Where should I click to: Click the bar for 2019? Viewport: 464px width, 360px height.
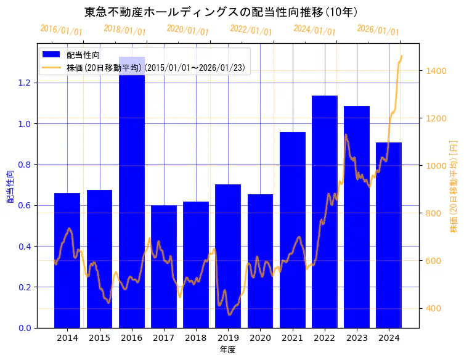(x=228, y=256)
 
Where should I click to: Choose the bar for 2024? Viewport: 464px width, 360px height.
(x=389, y=234)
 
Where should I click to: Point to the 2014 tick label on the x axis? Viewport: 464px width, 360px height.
(x=67, y=338)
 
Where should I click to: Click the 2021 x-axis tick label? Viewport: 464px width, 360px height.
(x=293, y=338)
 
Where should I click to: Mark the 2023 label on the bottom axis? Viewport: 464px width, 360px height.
(x=357, y=338)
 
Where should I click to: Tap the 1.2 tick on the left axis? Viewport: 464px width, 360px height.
(x=25, y=83)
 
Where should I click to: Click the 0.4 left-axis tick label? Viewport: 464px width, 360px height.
(x=25, y=247)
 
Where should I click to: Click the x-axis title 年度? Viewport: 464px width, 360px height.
(x=227, y=350)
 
